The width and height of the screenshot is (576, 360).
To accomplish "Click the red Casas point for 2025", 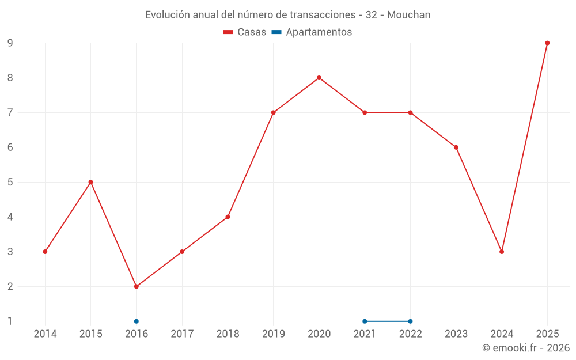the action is click(x=547, y=43).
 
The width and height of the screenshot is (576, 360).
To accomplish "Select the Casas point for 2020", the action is click(x=319, y=78).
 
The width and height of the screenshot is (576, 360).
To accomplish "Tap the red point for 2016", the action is click(x=137, y=286).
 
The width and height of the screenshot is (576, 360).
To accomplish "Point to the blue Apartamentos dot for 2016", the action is click(x=137, y=321).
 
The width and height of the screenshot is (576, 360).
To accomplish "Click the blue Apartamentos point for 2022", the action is click(x=410, y=321).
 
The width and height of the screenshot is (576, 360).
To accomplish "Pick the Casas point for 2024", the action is click(x=502, y=252).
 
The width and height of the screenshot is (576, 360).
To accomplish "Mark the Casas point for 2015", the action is click(x=91, y=182).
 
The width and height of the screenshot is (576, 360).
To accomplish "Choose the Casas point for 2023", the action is click(x=456, y=147).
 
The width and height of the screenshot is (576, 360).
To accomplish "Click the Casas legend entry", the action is click(x=245, y=32).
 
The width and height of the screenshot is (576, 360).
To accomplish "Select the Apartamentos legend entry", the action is click(x=312, y=32).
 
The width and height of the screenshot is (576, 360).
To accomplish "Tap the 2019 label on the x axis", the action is click(x=273, y=334).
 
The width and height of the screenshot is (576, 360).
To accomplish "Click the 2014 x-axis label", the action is click(x=45, y=334).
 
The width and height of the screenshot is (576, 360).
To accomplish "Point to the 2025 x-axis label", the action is click(x=547, y=334).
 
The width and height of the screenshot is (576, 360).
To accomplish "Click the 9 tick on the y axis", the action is click(x=10, y=43).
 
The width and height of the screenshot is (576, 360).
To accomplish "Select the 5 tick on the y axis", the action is click(x=10, y=182).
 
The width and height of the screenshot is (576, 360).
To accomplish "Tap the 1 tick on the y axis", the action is click(x=10, y=321).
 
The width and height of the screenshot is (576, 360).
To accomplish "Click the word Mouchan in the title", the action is click(x=408, y=15).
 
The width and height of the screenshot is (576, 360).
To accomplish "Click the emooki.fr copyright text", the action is click(x=526, y=347).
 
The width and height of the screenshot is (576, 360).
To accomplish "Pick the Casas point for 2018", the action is click(x=228, y=217).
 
